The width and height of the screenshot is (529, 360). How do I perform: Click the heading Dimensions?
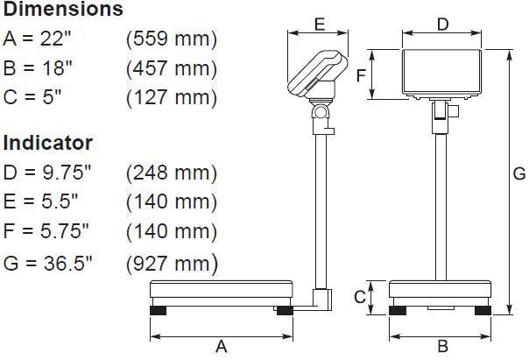tap(63, 11)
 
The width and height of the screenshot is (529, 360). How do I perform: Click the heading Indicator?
tap(48, 142)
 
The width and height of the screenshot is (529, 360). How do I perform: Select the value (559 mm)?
tap(172, 39)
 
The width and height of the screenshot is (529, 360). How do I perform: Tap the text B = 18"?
tap(39, 68)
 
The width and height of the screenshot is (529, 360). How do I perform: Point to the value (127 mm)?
tap(172, 97)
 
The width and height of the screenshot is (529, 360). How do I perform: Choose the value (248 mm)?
tap(172, 172)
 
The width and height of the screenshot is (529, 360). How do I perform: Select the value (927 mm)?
tap(172, 262)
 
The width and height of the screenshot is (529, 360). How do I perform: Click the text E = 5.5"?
tap(40, 201)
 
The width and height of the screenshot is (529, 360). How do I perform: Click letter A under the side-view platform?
tap(222, 347)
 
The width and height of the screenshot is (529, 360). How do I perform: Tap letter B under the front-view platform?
tap(442, 347)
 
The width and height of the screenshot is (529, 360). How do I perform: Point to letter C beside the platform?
tap(359, 297)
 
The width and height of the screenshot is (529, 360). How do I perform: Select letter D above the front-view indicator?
tap(442, 25)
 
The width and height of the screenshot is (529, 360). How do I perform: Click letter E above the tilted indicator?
tap(319, 25)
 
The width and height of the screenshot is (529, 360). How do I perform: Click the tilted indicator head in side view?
tap(317, 74)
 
